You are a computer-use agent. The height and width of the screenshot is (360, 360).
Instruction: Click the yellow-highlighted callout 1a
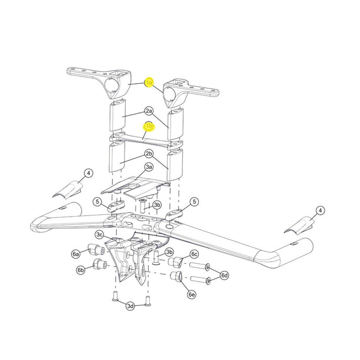149,83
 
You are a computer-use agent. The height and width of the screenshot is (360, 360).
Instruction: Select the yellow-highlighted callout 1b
149,126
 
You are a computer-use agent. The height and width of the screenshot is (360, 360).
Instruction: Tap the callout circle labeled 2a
149,111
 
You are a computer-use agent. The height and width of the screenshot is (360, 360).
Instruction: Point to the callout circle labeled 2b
149,154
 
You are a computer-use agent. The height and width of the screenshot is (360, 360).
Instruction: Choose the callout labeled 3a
149,167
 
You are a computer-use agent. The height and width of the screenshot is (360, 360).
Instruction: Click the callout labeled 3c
100,234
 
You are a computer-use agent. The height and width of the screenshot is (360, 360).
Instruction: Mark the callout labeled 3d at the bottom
130,305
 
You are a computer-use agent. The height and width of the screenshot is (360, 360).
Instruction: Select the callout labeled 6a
76,254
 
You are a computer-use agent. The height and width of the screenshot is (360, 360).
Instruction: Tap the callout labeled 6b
80,270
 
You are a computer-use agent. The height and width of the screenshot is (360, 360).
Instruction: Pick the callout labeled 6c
194,254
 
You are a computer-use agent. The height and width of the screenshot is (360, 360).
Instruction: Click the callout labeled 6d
225,275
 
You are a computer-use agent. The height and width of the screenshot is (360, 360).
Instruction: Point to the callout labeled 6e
191,294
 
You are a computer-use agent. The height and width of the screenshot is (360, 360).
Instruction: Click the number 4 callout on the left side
89,173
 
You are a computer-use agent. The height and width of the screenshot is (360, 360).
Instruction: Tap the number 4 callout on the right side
320,210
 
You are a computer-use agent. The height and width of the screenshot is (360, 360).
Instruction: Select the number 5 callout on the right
194,202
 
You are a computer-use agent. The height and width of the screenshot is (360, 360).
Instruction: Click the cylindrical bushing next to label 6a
93,248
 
